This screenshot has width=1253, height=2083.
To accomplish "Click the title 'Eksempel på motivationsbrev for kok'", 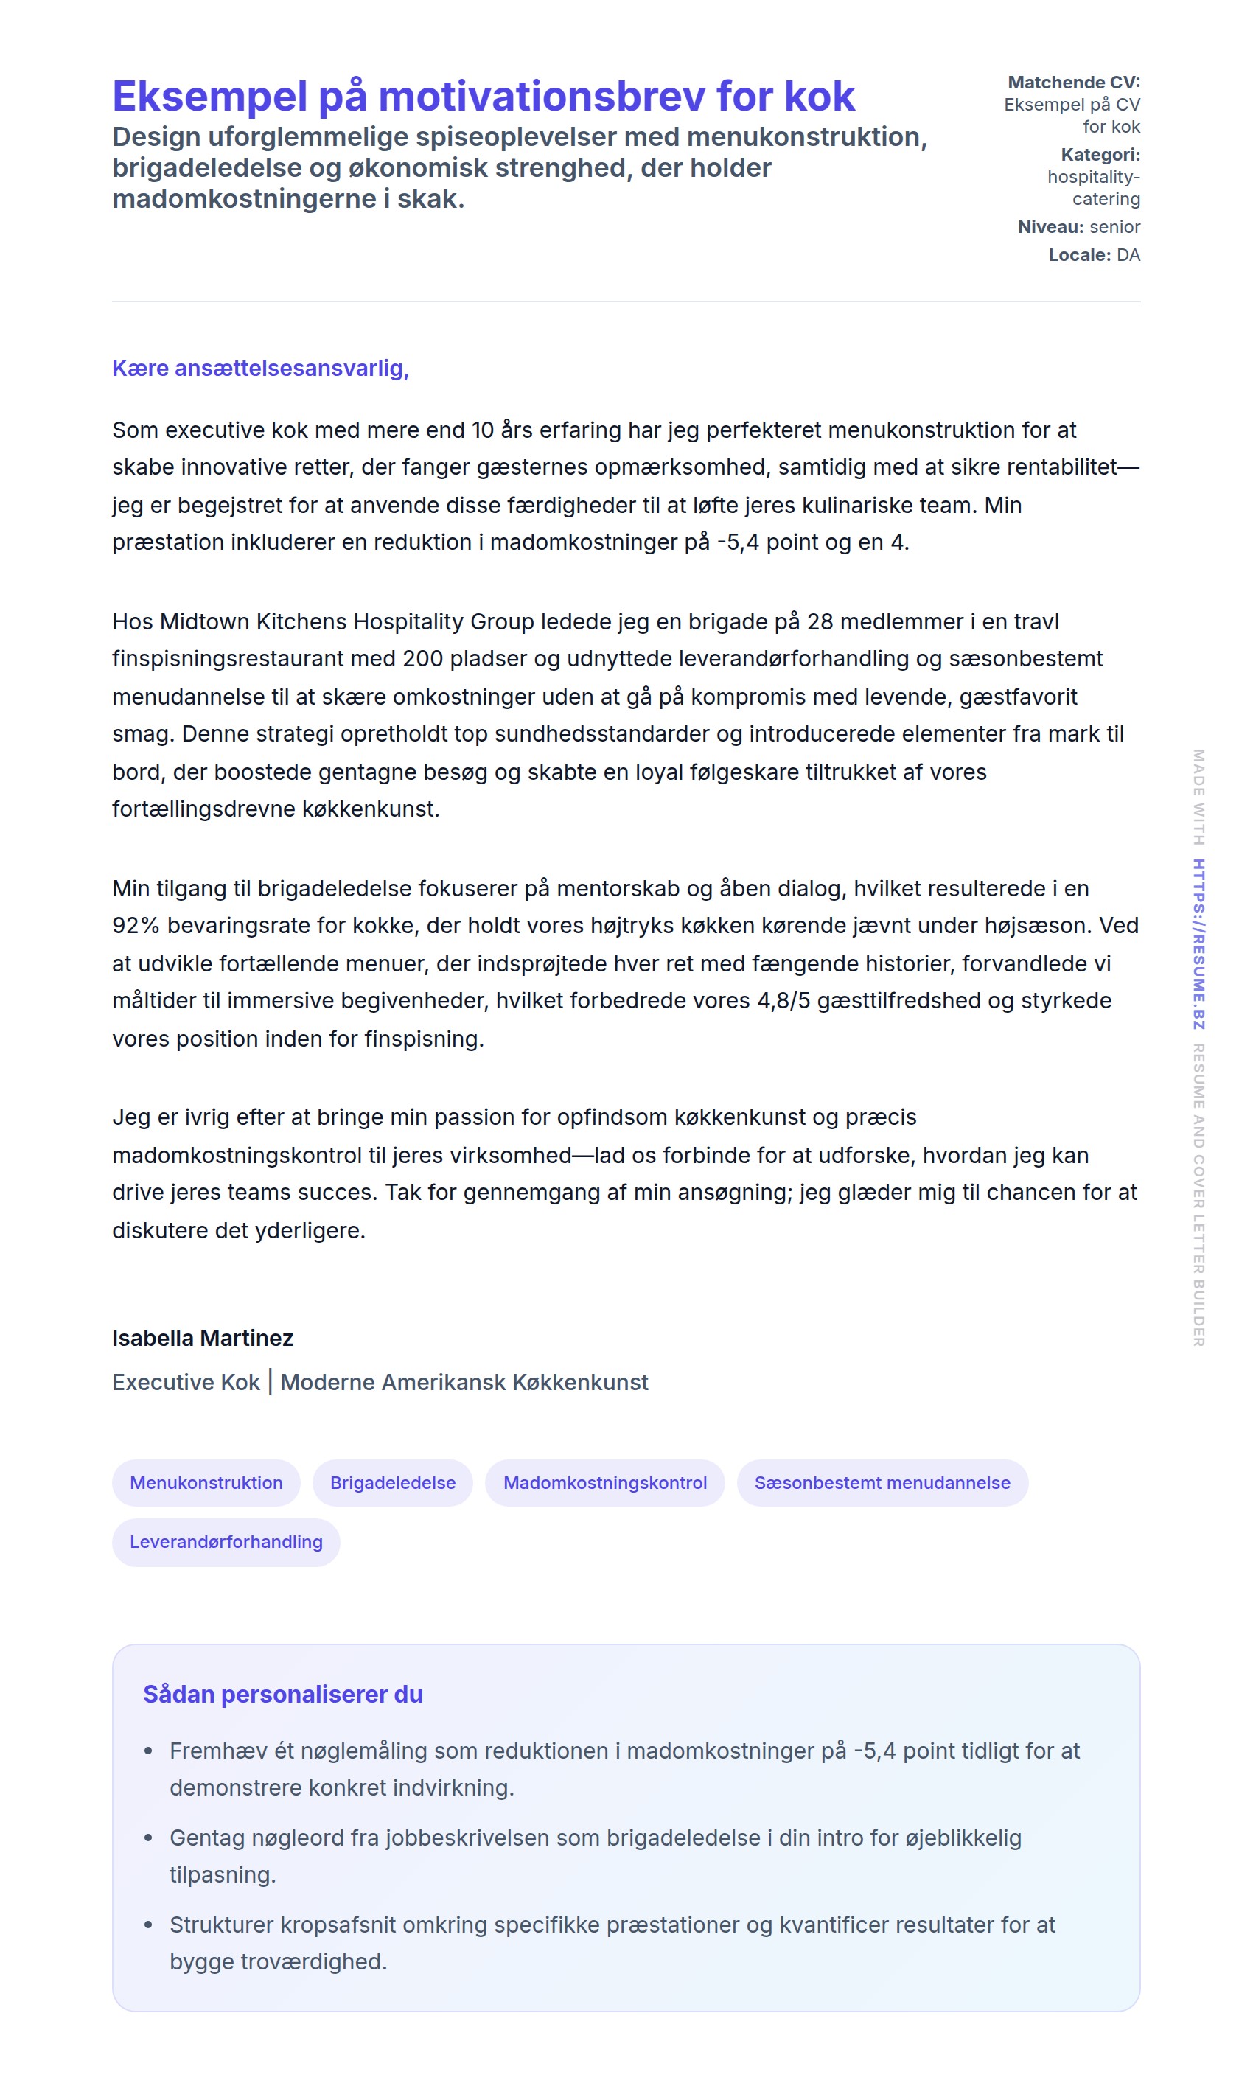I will click(483, 97).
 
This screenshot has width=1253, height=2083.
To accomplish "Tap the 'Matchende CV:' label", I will click(1073, 82).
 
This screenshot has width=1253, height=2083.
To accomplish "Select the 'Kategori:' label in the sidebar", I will click(1100, 155).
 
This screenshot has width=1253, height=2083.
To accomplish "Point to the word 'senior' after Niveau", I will click(1114, 226).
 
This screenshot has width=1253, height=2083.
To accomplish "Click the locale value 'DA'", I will click(1128, 254).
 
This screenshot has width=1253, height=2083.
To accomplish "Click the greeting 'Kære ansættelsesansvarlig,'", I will click(260, 368).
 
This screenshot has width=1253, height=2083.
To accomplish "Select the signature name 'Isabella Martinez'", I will click(203, 1338).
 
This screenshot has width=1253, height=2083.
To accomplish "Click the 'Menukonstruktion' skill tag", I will click(206, 1483).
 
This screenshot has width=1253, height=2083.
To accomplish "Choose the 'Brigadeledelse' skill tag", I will click(393, 1483).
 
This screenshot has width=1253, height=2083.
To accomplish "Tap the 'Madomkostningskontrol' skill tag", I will click(604, 1483).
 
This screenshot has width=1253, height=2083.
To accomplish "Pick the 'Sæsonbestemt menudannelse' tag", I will click(882, 1483).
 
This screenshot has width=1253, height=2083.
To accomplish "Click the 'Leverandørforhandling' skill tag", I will click(226, 1542).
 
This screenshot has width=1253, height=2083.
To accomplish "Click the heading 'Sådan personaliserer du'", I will click(283, 1695).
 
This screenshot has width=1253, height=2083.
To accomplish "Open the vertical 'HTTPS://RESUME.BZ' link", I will click(1198, 943).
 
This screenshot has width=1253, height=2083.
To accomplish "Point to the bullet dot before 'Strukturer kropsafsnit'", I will click(149, 1925).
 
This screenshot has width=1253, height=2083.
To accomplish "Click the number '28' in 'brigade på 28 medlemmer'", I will click(820, 621).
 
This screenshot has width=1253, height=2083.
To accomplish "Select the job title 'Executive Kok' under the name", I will click(186, 1382).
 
